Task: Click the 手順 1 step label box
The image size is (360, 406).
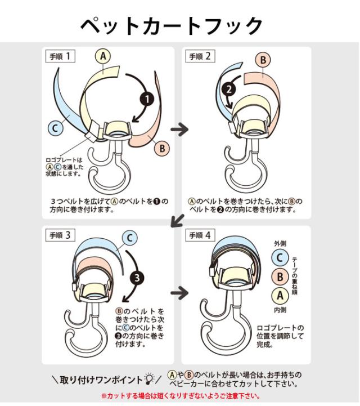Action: click(x=60, y=56)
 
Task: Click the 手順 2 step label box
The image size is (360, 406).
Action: click(x=200, y=56)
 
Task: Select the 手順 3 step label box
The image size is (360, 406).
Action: click(x=60, y=235)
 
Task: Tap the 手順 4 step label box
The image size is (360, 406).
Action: click(x=200, y=235)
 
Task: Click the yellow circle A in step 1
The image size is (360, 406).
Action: click(x=103, y=56)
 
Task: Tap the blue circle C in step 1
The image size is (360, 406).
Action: click(x=55, y=128)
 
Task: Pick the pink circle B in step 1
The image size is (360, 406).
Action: click(x=162, y=148)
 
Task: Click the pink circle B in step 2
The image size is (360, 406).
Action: click(x=263, y=60)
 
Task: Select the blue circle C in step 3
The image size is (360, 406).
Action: click(x=130, y=238)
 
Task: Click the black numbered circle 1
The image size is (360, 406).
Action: click(x=147, y=99)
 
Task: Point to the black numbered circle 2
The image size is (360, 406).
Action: click(x=229, y=90)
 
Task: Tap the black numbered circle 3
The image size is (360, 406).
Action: click(x=137, y=278)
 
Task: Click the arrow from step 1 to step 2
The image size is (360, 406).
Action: click(x=180, y=129)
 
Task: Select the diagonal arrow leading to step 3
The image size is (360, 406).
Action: click(x=177, y=220)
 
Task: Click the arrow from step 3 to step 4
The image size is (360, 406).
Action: click(x=180, y=293)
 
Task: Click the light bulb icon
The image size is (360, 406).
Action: click(x=149, y=379)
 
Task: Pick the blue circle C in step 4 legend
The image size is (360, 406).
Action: click(x=280, y=258)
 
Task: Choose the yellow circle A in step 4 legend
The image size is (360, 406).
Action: click(x=280, y=296)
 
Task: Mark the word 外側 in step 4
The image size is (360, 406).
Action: click(x=280, y=243)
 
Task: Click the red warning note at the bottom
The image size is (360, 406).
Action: click(x=180, y=396)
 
